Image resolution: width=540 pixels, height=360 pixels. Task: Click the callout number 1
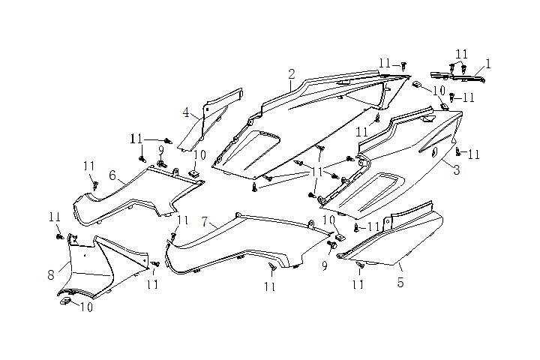coord(487,64)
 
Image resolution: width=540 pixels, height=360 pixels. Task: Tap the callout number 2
coord(292,73)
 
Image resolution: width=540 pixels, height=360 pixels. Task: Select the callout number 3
coord(455,170)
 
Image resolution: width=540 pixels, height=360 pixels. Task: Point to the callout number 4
coord(185,113)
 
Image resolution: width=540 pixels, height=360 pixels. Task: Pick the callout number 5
coord(400,283)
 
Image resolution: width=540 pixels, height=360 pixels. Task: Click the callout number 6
coord(112,175)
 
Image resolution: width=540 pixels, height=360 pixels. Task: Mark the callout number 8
coord(51,274)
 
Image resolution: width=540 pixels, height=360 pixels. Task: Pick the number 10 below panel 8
coord(86,307)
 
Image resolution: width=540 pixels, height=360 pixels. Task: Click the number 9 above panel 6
coord(160,149)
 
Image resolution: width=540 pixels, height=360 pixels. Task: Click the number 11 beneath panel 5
coord(358,284)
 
